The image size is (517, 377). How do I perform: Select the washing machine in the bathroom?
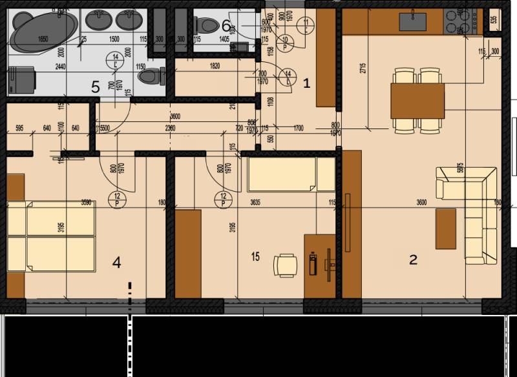(21, 79)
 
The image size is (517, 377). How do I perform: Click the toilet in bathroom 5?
(149, 76)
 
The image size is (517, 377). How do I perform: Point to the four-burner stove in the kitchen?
(465, 24)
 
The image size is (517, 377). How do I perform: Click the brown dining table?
(417, 100)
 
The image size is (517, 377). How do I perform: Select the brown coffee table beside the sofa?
(445, 229)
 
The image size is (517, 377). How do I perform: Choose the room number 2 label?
(413, 260)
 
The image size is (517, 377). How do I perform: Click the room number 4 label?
(116, 262)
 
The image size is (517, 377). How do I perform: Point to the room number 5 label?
(94, 87)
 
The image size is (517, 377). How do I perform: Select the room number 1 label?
(306, 83)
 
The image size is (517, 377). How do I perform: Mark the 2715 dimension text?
(364, 68)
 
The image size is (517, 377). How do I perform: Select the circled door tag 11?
(306, 25)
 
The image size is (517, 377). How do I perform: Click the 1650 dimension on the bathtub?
(43, 40)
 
